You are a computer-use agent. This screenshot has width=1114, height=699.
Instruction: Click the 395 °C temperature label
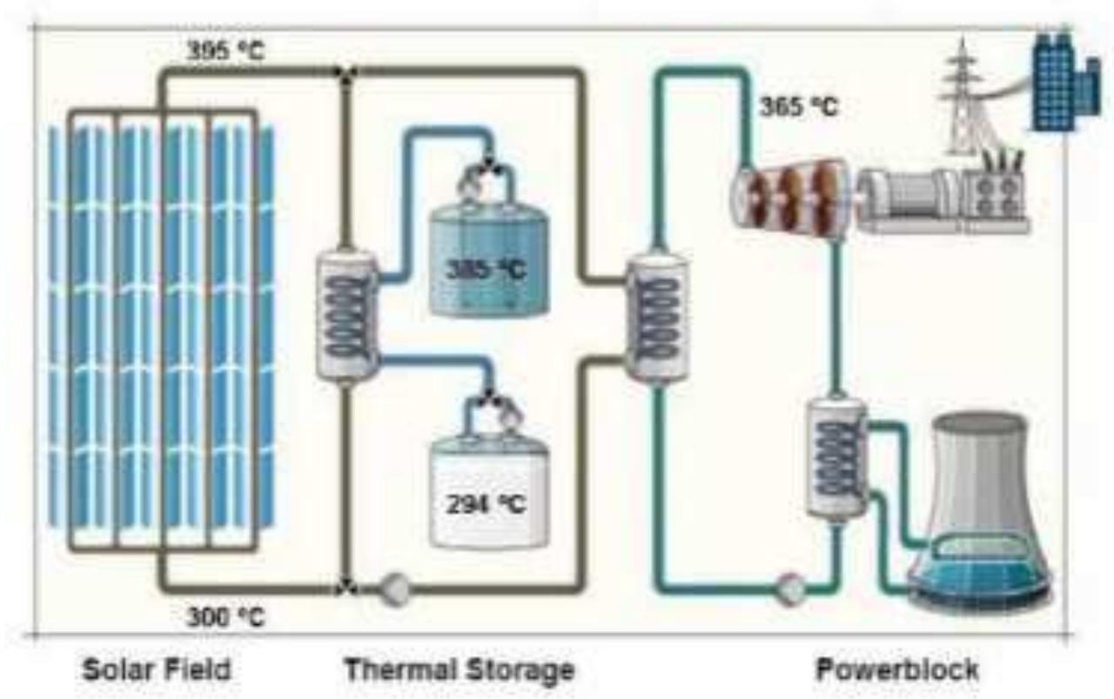click(225, 52)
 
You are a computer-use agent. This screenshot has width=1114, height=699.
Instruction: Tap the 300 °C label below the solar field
click(225, 618)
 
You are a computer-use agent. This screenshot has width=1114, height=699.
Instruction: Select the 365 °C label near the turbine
click(798, 108)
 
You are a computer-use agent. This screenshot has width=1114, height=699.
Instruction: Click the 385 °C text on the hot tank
click(487, 270)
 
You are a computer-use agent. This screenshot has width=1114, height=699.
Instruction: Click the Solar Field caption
click(157, 670)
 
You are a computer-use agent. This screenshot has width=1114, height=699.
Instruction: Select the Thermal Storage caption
click(460, 670)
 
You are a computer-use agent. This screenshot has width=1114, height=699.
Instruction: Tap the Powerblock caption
click(896, 670)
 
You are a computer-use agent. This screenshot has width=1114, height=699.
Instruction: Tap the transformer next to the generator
click(995, 196)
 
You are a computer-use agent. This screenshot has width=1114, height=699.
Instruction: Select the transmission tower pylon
click(963, 96)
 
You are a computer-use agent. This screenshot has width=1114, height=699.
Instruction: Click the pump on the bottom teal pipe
click(792, 589)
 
